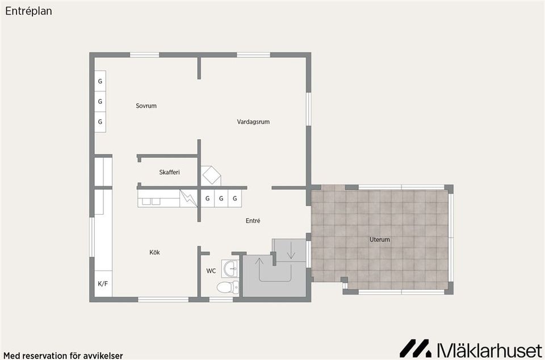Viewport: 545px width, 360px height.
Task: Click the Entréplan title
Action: coord(28,11)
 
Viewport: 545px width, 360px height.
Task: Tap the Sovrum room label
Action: coord(146,106)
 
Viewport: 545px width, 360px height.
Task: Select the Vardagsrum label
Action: coord(253,122)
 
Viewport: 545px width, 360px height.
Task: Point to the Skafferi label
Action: coord(170,172)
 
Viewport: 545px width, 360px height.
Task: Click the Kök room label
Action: coord(154,252)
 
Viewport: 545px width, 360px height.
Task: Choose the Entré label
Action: coord(253,221)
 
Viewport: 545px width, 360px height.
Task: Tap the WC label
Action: coord(211,271)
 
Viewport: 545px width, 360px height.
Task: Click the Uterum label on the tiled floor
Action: coord(380,240)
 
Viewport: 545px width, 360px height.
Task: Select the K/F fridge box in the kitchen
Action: coord(103,283)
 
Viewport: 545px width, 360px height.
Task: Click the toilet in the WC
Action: coord(228,287)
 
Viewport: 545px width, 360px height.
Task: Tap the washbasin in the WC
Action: coord(230,269)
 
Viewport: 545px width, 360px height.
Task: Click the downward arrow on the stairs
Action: coord(291,252)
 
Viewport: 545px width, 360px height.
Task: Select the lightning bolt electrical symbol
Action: coord(188,199)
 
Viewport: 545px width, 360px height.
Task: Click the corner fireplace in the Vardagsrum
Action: coord(211,175)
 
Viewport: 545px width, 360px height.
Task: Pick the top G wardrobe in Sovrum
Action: coord(100,81)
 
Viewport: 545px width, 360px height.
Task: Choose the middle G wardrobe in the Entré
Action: coord(221,198)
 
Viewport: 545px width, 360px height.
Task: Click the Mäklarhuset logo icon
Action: coord(415,349)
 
